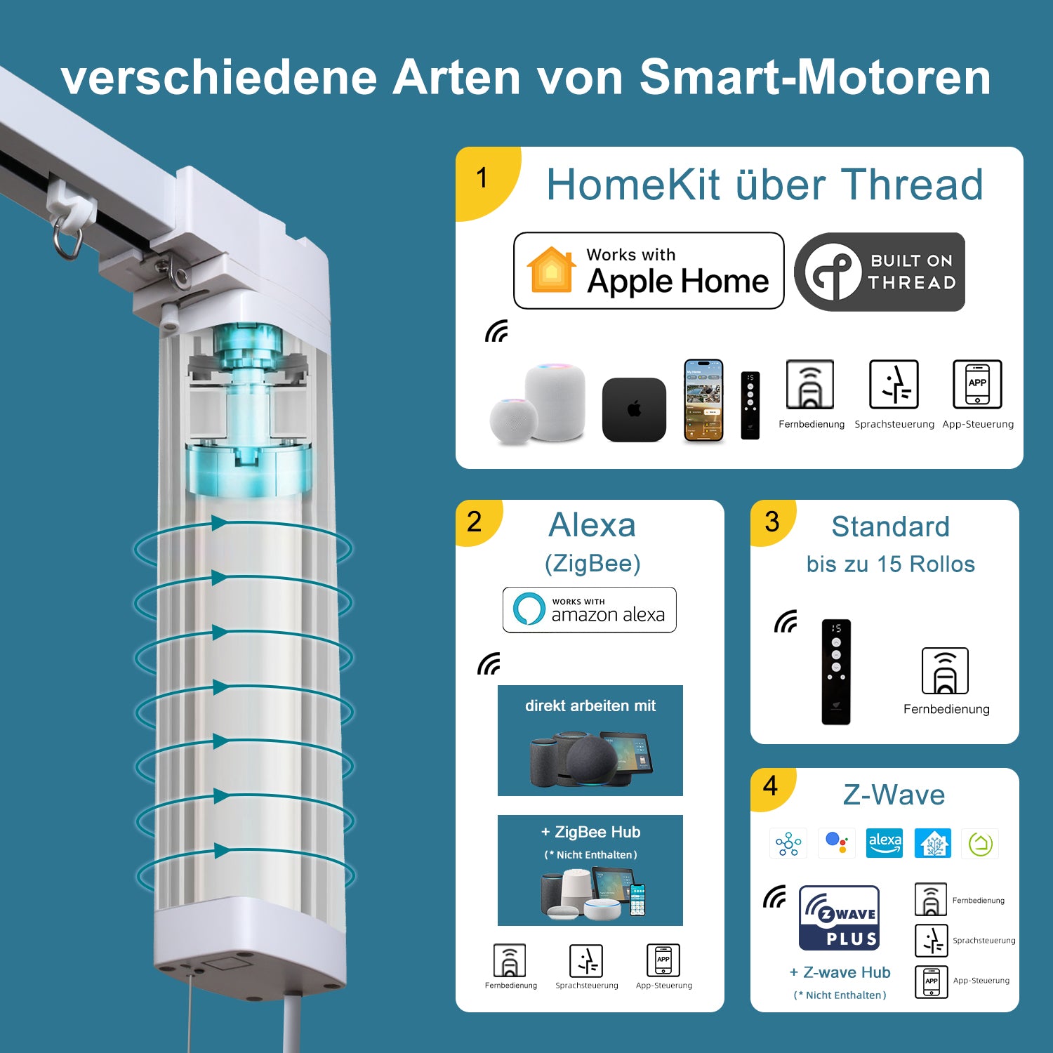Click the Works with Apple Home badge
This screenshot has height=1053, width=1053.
(649, 271)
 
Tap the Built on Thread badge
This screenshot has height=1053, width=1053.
(880, 272)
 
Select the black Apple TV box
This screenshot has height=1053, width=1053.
(634, 409)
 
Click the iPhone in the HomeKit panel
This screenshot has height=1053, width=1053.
(703, 401)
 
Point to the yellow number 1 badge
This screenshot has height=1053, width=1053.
(483, 178)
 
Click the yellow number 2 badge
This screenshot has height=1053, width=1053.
(475, 522)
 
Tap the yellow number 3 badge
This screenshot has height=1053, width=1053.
(771, 522)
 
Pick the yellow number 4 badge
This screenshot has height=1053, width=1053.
(770, 786)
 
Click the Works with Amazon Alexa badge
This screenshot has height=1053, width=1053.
(590, 610)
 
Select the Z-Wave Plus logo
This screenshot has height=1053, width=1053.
(840, 918)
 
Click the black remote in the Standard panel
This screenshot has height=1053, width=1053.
(836, 672)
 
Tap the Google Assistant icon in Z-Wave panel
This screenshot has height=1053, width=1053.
(836, 842)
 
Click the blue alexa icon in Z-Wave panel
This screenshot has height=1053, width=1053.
(885, 842)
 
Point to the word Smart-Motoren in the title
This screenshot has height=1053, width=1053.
(814, 77)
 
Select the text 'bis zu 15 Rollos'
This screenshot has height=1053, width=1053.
(890, 564)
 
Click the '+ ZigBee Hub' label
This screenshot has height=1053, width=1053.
(590, 832)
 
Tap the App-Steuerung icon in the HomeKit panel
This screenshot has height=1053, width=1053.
(977, 384)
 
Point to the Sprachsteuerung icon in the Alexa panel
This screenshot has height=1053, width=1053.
(586, 960)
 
